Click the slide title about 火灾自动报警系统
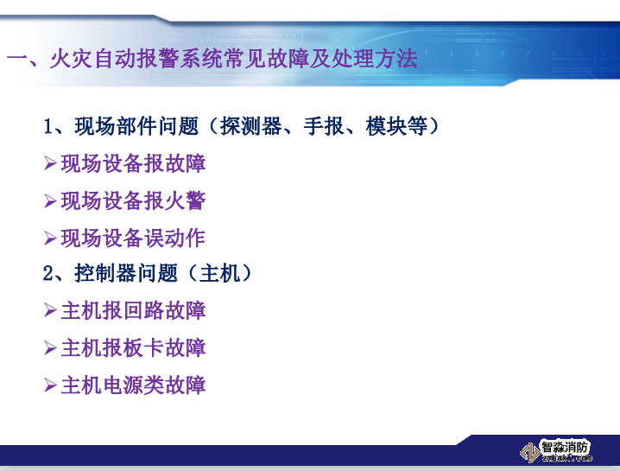coord(212,60)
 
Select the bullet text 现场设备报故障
coord(133,163)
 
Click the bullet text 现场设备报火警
coord(133,200)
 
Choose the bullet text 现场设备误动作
coord(133,238)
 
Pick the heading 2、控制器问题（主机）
coord(149,274)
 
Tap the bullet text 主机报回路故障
coord(133,311)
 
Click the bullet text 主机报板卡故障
coord(133,348)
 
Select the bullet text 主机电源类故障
coord(133,385)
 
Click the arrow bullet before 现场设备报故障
coord(50,163)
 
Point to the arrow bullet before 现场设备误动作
coord(50,238)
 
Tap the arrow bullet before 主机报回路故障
coord(50,311)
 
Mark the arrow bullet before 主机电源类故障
coord(50,385)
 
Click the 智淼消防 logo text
coord(566,447)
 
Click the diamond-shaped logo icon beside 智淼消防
coord(528,451)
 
